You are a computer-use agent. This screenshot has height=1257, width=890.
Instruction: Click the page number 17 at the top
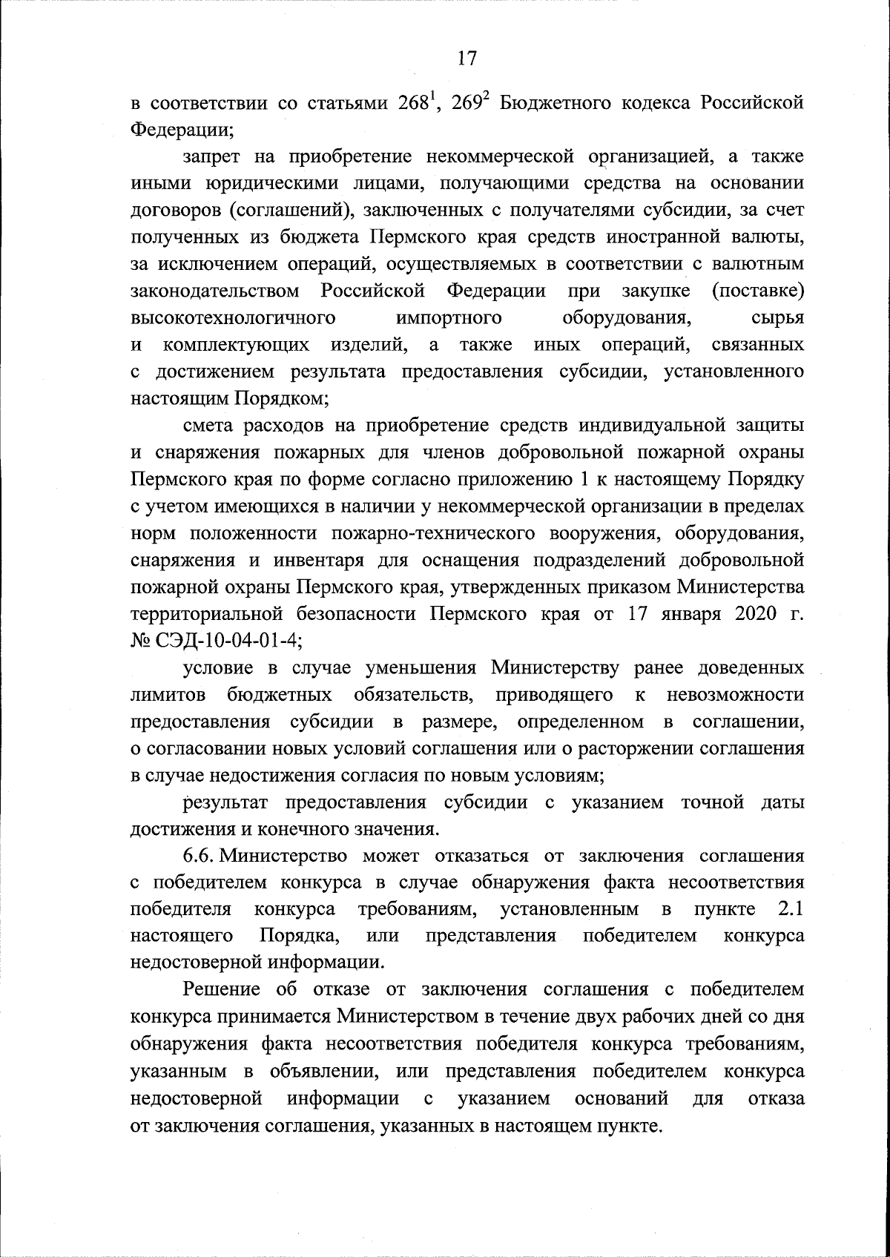(x=466, y=59)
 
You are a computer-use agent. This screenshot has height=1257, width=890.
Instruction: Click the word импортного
(x=449, y=318)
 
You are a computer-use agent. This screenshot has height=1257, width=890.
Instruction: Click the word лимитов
(x=167, y=694)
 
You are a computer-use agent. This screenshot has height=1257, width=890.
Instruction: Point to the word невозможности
(x=736, y=694)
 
